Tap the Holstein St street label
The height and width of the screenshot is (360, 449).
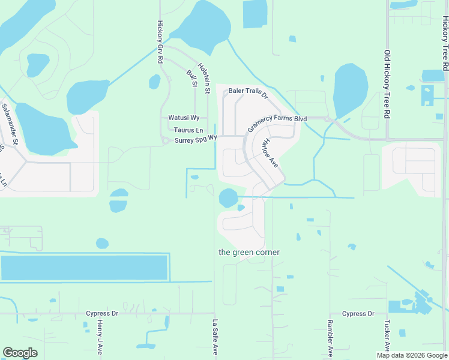[x=203, y=79]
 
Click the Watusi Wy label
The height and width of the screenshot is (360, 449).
[x=184, y=118]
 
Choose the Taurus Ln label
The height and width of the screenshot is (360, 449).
[x=188, y=130]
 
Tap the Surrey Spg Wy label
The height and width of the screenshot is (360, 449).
[x=195, y=140]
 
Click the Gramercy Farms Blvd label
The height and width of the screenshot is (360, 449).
[x=277, y=124]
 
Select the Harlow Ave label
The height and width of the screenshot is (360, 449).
[x=270, y=152]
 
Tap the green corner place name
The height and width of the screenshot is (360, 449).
[x=249, y=253]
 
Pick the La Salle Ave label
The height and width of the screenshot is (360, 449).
[x=214, y=337]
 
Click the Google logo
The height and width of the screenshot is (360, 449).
[x=20, y=353]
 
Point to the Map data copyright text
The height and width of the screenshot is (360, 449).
[x=412, y=355]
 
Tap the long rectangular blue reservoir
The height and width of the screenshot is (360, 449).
[x=84, y=268]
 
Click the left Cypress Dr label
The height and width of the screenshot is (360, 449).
[x=101, y=314]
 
